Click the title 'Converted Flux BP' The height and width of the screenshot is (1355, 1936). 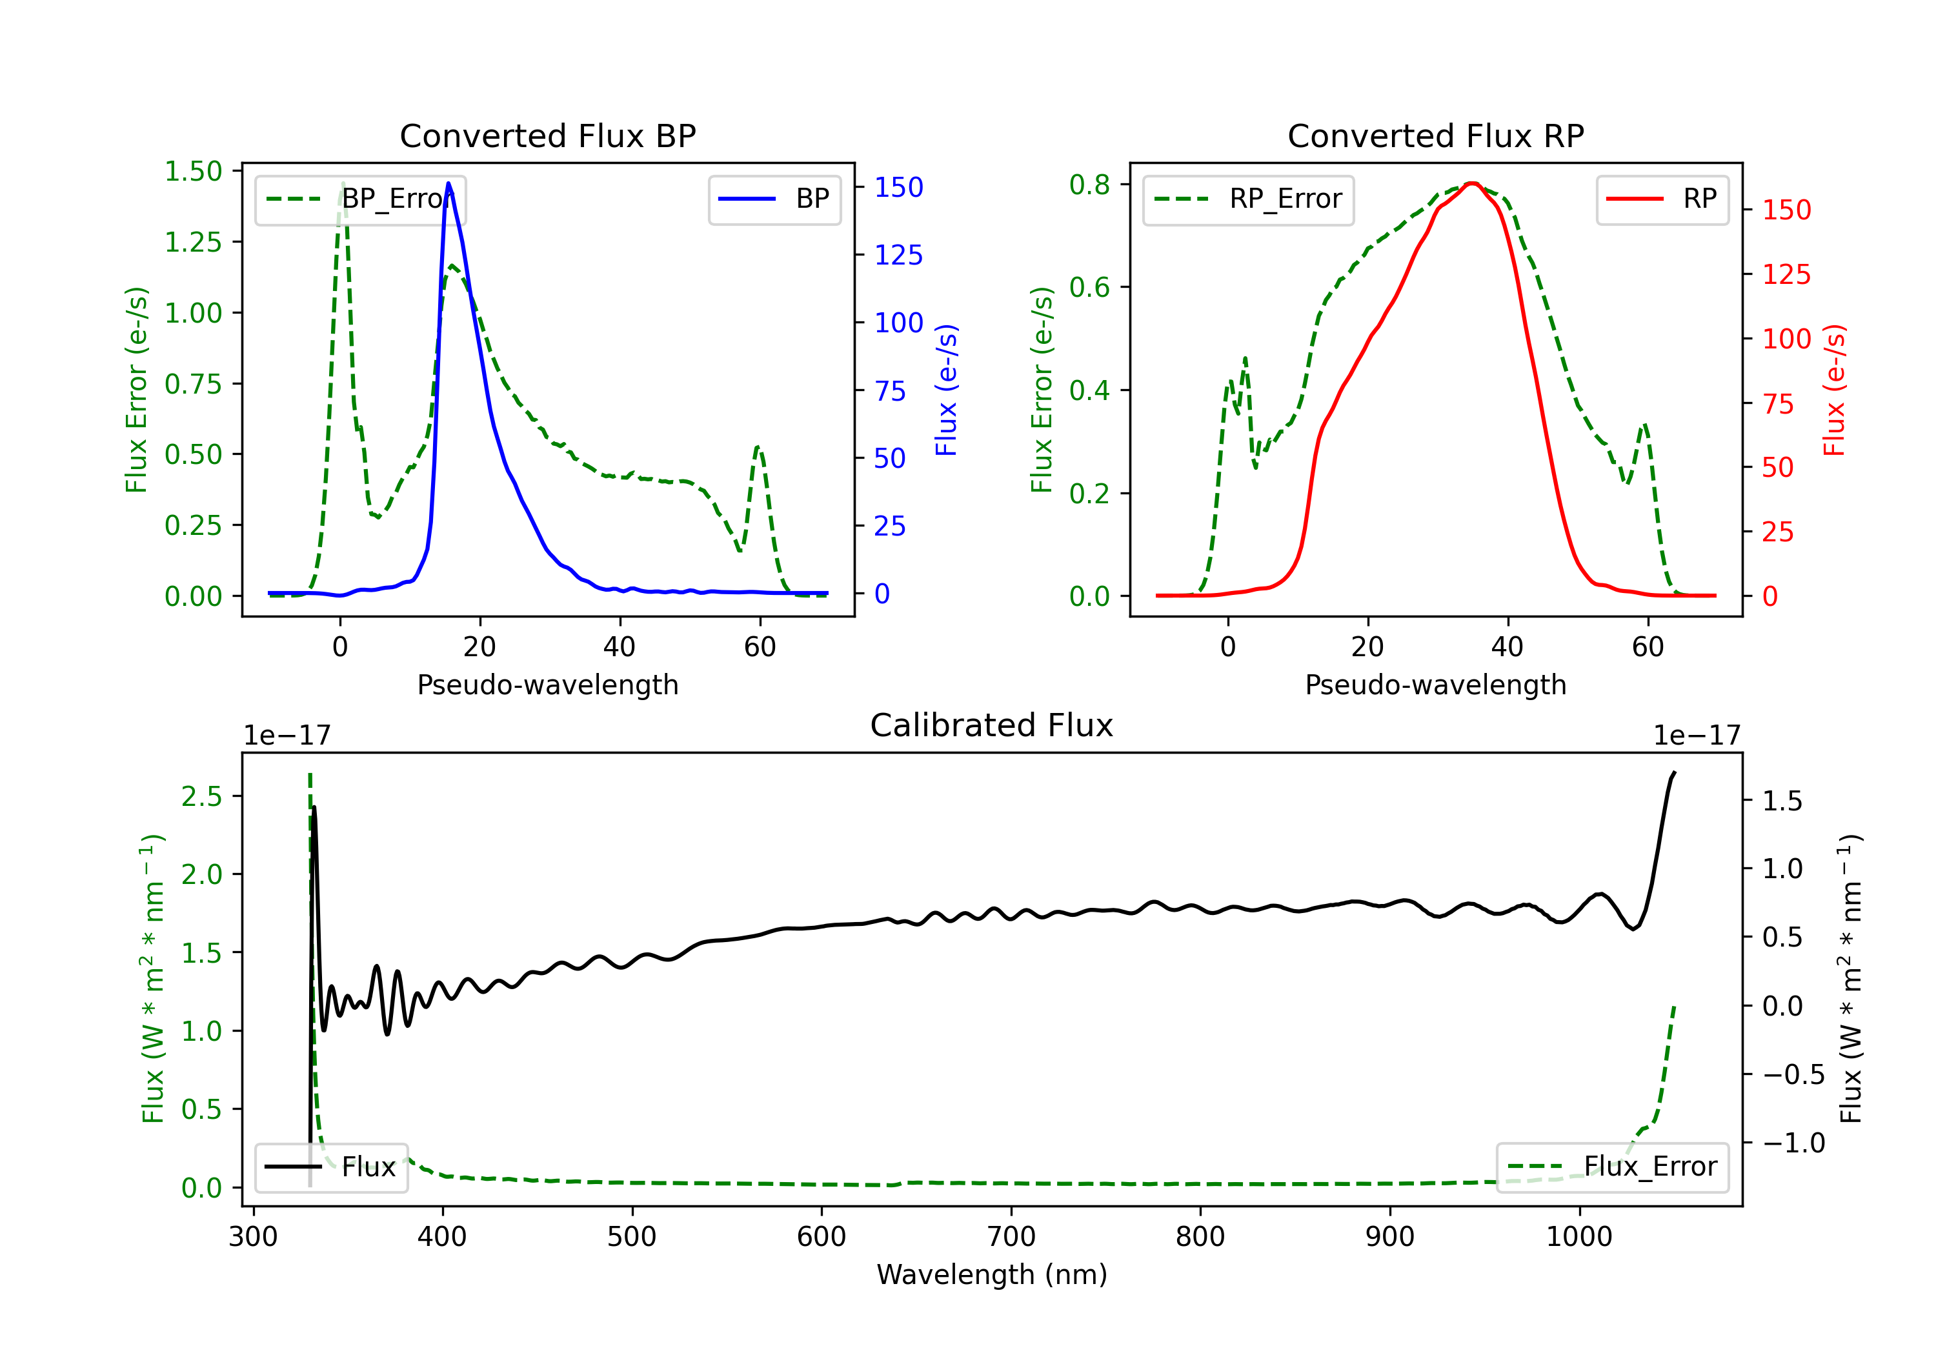pyautogui.click(x=547, y=135)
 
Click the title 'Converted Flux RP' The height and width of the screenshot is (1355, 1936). pyautogui.click(x=1435, y=135)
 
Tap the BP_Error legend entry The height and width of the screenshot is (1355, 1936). pyautogui.click(x=361, y=199)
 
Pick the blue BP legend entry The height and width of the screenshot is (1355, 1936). pyautogui.click(x=774, y=199)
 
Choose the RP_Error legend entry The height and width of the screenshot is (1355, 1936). pyautogui.click(x=1248, y=199)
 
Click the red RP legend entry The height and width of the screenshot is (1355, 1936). pyautogui.click(x=1661, y=199)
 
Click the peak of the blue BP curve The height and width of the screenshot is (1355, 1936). pyautogui.click(x=449, y=183)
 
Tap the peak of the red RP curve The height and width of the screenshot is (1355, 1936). pyautogui.click(x=1471, y=184)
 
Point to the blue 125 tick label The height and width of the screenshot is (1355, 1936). pyautogui.click(x=898, y=255)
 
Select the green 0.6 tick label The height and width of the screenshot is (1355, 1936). pyautogui.click(x=1089, y=288)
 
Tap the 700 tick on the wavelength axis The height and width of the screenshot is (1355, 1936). pyautogui.click(x=1010, y=1236)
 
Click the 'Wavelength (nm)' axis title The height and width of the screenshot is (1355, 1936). pyautogui.click(x=992, y=1274)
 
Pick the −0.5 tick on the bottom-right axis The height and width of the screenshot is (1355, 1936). pyautogui.click(x=1793, y=1074)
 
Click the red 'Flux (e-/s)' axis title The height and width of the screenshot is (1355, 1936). pyautogui.click(x=1834, y=390)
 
